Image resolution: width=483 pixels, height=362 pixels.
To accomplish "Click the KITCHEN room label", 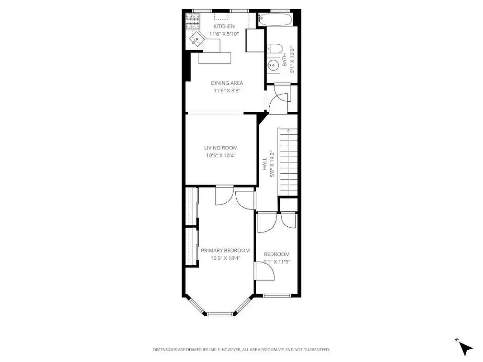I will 224,27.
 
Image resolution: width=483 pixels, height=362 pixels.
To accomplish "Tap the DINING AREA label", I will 227,83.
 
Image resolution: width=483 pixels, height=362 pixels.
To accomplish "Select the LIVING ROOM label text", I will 220,148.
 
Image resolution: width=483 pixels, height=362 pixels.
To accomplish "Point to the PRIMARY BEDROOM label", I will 225,251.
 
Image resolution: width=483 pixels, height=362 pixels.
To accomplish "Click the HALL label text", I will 265,164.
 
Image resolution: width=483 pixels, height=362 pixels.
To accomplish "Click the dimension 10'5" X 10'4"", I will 220,156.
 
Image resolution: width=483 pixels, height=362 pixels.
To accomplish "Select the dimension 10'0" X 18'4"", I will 225,258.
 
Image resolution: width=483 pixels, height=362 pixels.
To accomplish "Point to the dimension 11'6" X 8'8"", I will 227,90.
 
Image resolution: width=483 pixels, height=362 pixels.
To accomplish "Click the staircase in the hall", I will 288,161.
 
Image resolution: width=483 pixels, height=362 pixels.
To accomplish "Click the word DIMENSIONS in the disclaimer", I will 167,350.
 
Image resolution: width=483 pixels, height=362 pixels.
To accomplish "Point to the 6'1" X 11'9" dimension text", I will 277,262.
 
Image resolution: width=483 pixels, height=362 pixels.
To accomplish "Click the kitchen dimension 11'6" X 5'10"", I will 224,34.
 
